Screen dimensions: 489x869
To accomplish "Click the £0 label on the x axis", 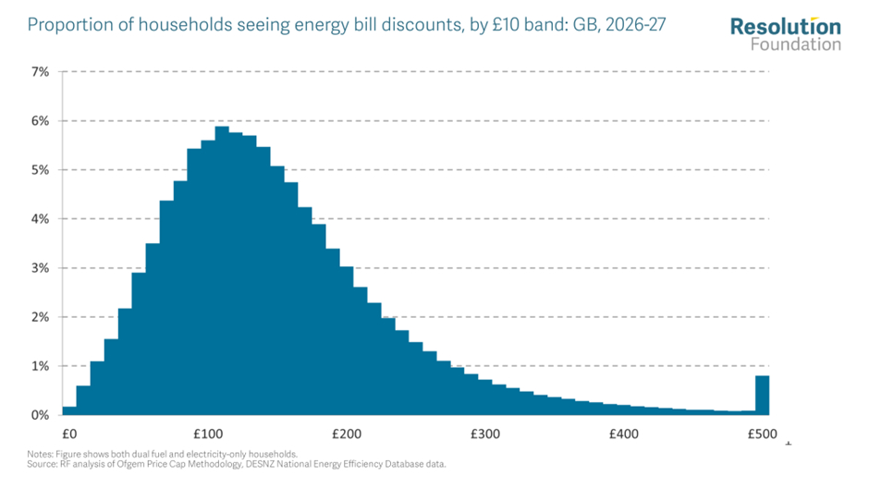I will coord(68,434).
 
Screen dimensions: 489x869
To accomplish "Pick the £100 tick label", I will coord(207,434).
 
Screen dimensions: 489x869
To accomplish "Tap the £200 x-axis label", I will coord(346,434).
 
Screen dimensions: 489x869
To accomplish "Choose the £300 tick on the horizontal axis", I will coord(484,434).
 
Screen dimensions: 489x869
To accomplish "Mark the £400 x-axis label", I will coord(623,434).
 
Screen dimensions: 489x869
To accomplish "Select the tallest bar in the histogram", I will coord(222,277).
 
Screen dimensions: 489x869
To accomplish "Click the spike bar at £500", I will coord(763,396).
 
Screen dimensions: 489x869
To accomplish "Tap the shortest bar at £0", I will coord(69,410).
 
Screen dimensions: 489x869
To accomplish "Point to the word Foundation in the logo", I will coord(796,44).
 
